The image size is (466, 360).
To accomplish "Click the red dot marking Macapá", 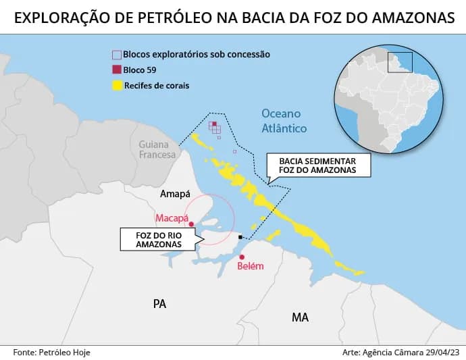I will pyautogui.click(x=192, y=224).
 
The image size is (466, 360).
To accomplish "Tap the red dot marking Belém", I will pyautogui.click(x=242, y=257).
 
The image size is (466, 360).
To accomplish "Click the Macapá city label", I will pyautogui.click(x=172, y=218).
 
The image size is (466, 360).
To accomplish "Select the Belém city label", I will pyautogui.click(x=251, y=266).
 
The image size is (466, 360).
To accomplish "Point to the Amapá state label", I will pyautogui.click(x=175, y=195).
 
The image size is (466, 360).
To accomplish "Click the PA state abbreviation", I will pyautogui.click(x=159, y=304).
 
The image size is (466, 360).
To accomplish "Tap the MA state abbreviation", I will pyautogui.click(x=300, y=317).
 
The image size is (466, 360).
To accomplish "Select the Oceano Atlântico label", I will pyautogui.click(x=284, y=121).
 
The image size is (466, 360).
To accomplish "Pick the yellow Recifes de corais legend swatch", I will pyautogui.click(x=117, y=86).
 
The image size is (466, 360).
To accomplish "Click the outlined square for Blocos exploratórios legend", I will pyautogui.click(x=117, y=54).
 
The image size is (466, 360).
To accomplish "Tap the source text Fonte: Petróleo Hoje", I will pyautogui.click(x=52, y=352).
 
